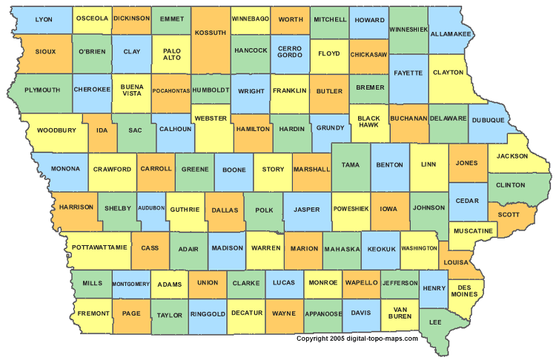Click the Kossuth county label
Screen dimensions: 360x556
211,33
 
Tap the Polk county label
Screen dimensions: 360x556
264,210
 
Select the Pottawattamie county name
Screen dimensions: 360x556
100,246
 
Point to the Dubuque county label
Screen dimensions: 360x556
487,119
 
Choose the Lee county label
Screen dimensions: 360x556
436,322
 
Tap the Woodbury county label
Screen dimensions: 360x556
56,130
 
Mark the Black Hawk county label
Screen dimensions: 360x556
368,121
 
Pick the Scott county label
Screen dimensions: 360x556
508,215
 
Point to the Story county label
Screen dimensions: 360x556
273,169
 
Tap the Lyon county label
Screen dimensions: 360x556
44,19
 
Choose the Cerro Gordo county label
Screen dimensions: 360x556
289,54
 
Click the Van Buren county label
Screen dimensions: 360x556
401,312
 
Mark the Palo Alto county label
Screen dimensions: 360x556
171,54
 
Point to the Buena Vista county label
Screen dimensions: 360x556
131,90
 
